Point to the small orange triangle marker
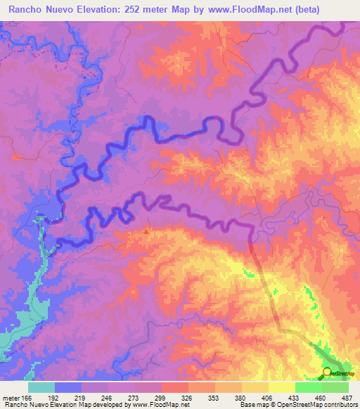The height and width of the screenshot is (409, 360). point(146,231)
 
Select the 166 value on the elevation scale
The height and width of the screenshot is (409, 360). point(27,396)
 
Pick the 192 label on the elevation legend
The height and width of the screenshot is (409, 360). point(54,396)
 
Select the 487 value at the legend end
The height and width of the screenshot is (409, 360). point(347,396)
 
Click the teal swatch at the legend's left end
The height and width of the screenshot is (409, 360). point(41,387)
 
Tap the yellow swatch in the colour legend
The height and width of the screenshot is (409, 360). point(281,387)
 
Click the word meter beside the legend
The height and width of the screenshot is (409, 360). point(11,396)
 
